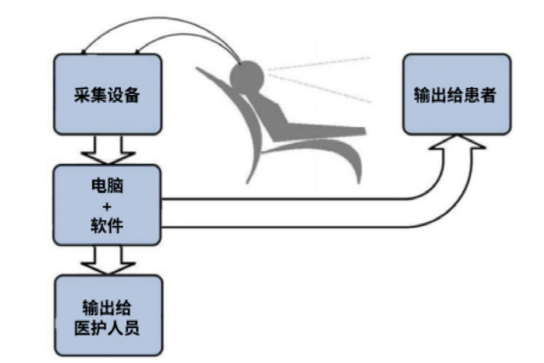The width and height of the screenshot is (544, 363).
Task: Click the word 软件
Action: [108, 224]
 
